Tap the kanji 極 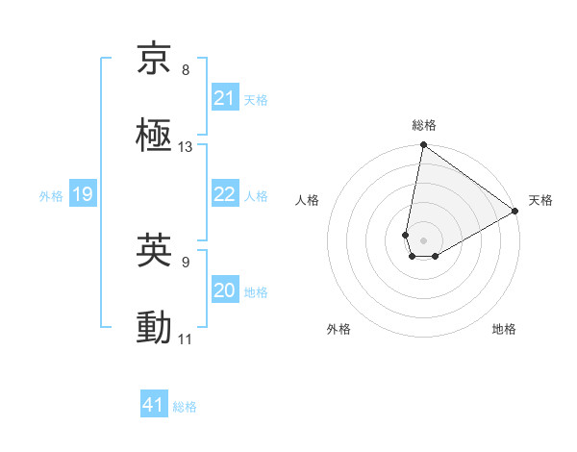tap(154, 136)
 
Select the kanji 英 tap(154, 251)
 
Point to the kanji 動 tap(154, 328)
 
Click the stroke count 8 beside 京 tap(186, 70)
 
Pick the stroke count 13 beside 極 tap(186, 147)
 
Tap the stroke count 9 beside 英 tap(186, 261)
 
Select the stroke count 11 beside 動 tap(186, 339)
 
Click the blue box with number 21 tap(225, 98)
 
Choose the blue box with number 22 tap(225, 194)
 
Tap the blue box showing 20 tap(225, 290)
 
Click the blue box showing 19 tap(82, 195)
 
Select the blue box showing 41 tap(154, 405)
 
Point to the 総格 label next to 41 tap(185, 407)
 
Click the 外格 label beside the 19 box tap(51, 196)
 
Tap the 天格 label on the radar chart tap(540, 200)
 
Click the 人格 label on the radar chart tap(308, 200)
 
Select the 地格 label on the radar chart tap(504, 329)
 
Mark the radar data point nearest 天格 tap(515, 213)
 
